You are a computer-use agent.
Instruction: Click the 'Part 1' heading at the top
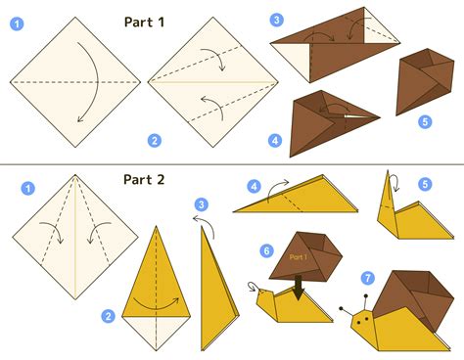[144, 22]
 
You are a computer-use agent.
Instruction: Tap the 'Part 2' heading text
[144, 180]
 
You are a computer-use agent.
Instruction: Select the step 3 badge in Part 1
[277, 20]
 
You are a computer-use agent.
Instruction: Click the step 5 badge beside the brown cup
[425, 121]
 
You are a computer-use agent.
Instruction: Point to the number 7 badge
[368, 278]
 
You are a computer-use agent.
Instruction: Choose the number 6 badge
[266, 250]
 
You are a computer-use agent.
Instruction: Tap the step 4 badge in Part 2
[255, 187]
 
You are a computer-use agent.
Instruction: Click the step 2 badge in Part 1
[155, 141]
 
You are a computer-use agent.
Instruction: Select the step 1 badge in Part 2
[27, 188]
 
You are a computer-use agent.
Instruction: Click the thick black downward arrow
[299, 288]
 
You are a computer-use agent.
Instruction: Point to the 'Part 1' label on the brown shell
[298, 257]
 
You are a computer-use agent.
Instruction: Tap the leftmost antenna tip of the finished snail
[341, 308]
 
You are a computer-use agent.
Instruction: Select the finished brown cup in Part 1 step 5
[424, 81]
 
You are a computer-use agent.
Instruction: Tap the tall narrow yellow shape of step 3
[217, 291]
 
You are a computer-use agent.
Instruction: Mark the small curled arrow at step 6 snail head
[253, 286]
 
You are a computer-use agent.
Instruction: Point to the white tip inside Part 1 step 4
[359, 116]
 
